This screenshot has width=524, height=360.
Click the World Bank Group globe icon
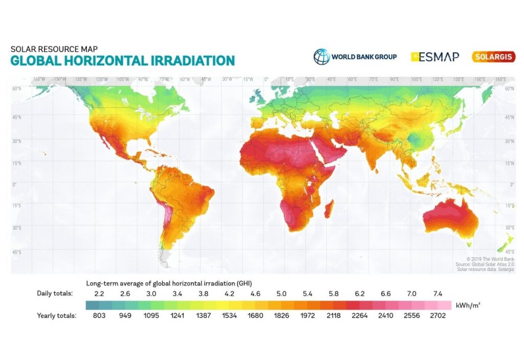coord(322,57)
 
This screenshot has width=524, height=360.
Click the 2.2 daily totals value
coord(99,294)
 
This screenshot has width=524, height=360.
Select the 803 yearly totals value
coord(99,316)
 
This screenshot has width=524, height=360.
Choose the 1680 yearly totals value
coord(254,316)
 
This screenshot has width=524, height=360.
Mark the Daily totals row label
coord(55,294)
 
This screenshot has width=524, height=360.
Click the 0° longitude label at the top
coord(266,79)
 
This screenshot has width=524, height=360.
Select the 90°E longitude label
coord(394,79)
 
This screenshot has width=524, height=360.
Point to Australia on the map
coord(450,217)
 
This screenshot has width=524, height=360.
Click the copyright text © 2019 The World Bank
coord(485,259)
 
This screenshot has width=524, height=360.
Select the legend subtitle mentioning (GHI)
coord(169,283)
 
